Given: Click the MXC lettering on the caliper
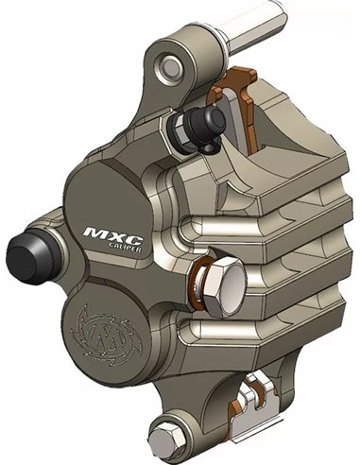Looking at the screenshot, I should (109, 230).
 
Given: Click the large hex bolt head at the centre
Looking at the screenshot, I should (225, 281).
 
